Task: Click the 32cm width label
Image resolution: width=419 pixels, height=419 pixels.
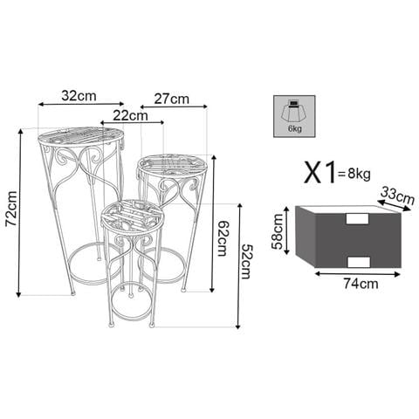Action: click(79, 95)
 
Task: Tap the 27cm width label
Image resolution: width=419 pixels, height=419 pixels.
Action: click(171, 99)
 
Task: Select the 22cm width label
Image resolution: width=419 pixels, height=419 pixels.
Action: click(130, 115)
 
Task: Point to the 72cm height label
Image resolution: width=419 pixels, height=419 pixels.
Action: click(11, 209)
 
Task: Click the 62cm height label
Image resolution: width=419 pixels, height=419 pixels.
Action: click(223, 238)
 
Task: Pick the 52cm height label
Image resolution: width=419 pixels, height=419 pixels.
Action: click(248, 262)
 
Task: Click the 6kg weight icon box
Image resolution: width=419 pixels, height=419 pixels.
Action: click(294, 116)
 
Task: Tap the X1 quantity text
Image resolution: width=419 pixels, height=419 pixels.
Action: click(319, 172)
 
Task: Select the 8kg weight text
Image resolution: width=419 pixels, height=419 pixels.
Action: click(359, 174)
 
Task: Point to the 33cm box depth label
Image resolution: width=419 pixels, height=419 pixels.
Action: click(397, 196)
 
